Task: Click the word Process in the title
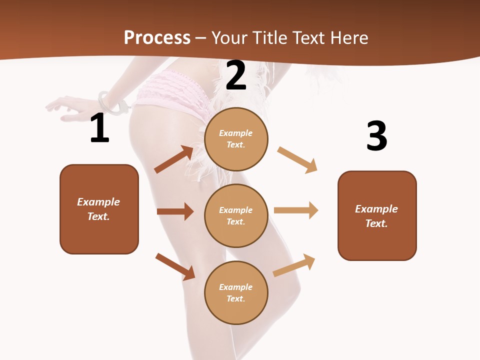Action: [x=157, y=38]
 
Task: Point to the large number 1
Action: [x=99, y=128]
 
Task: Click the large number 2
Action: [x=236, y=75]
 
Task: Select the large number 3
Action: [x=376, y=136]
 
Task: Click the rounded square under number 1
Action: [x=99, y=209]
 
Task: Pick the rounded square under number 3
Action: [x=377, y=215]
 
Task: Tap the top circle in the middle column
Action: [x=236, y=139]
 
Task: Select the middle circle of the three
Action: [x=236, y=215]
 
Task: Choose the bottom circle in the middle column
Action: [x=236, y=292]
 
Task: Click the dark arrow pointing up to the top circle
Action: [x=174, y=159]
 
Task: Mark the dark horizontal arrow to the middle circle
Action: [x=175, y=211]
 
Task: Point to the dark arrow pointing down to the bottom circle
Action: [x=175, y=266]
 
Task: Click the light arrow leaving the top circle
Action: [x=297, y=159]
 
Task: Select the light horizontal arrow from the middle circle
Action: [x=296, y=210]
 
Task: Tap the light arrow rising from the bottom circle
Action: [x=294, y=265]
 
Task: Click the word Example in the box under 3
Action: [x=376, y=209]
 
